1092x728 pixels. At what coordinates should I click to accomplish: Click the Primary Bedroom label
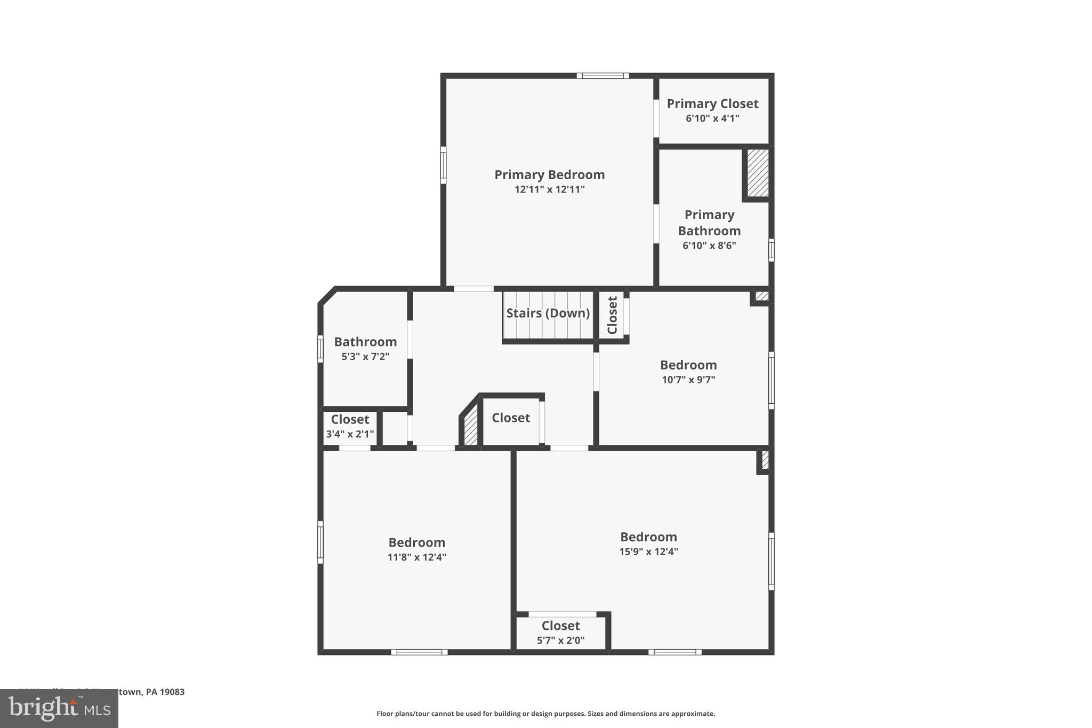pyautogui.click(x=549, y=174)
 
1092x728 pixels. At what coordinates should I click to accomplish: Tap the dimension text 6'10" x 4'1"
pyautogui.click(x=712, y=118)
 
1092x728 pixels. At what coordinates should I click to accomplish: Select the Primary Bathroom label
pyautogui.click(x=709, y=222)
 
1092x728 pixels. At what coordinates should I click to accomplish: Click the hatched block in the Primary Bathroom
pyautogui.click(x=757, y=172)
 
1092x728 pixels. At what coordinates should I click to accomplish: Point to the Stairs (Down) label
pyautogui.click(x=548, y=313)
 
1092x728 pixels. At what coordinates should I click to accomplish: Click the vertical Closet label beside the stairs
pyautogui.click(x=612, y=315)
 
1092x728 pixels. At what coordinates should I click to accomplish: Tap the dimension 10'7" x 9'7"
pyautogui.click(x=688, y=380)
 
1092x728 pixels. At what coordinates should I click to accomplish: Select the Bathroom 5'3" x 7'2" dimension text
pyautogui.click(x=365, y=356)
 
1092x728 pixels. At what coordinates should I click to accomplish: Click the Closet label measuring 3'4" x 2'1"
pyautogui.click(x=350, y=419)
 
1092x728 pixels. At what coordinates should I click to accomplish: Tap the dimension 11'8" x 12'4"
pyautogui.click(x=416, y=557)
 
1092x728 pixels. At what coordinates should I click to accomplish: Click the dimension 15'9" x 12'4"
pyautogui.click(x=648, y=551)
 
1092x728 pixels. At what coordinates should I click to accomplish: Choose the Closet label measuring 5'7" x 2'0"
pyautogui.click(x=560, y=626)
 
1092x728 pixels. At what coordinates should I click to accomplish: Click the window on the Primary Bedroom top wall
pyautogui.click(x=603, y=76)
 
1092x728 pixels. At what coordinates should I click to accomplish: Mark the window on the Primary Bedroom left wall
pyautogui.click(x=443, y=165)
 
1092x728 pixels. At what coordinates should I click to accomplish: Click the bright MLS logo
pyautogui.click(x=59, y=708)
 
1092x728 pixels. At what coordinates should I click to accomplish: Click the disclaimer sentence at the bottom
pyautogui.click(x=545, y=714)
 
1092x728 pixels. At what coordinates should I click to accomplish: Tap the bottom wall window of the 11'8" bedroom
pyautogui.click(x=419, y=652)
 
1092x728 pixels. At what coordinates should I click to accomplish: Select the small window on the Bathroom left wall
pyautogui.click(x=320, y=349)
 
